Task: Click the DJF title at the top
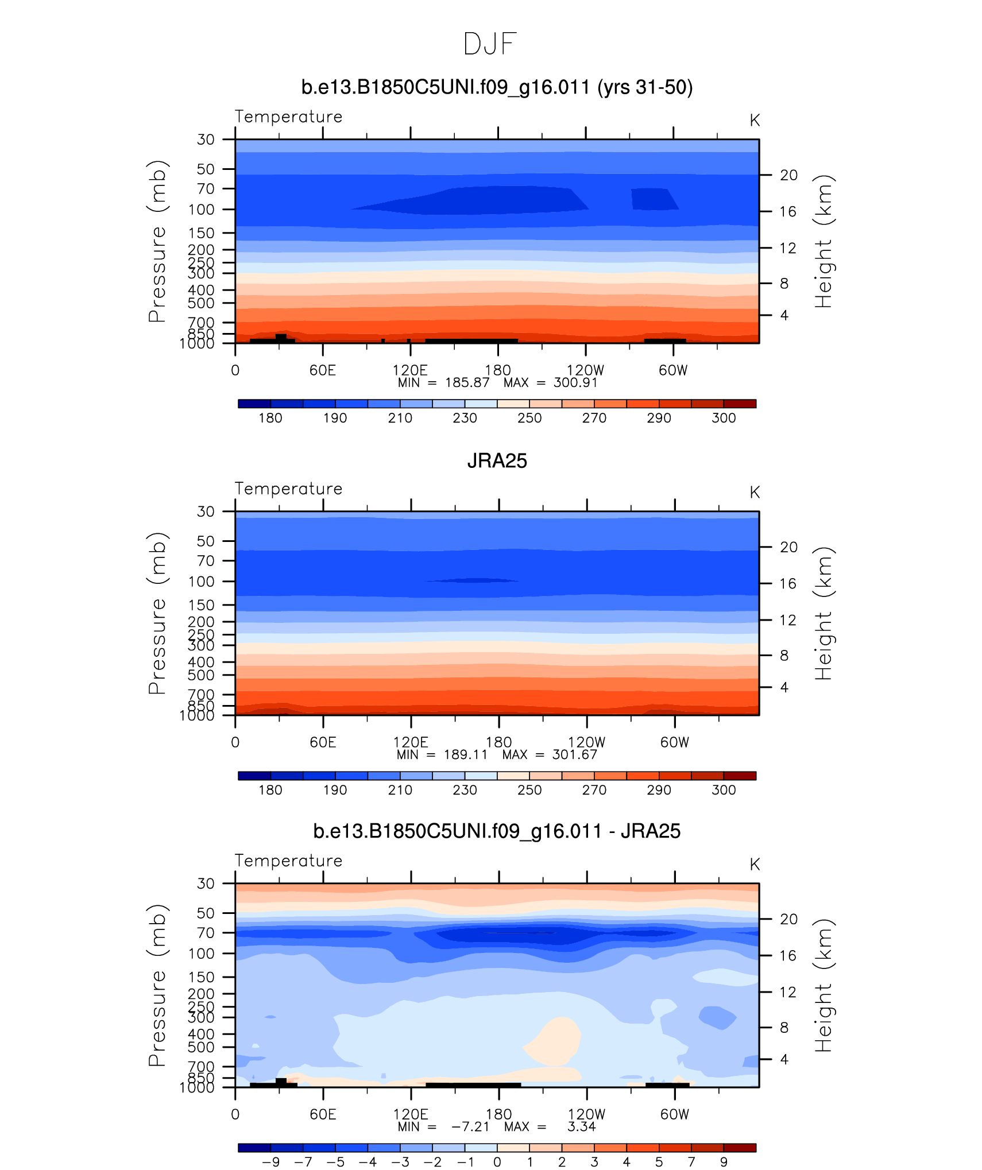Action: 490,44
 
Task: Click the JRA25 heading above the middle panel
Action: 497,461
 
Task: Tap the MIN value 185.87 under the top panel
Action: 467,383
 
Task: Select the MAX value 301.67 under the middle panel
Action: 574,754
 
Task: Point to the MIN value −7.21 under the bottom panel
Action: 470,1126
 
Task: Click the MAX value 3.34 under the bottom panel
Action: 581,1126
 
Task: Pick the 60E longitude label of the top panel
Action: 322,370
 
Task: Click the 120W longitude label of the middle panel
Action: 586,742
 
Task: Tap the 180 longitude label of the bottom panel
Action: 498,1114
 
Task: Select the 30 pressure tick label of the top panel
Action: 206,140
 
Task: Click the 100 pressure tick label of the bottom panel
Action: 201,954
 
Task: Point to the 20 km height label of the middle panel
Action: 788,547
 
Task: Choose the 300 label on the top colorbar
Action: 723,418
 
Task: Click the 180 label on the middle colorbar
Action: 270,790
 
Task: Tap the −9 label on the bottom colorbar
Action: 270,1162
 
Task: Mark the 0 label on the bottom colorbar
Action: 497,1162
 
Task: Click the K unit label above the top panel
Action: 755,121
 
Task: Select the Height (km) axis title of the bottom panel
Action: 824,986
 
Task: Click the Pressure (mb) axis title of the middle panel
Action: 157,613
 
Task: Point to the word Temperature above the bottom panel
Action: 288,861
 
